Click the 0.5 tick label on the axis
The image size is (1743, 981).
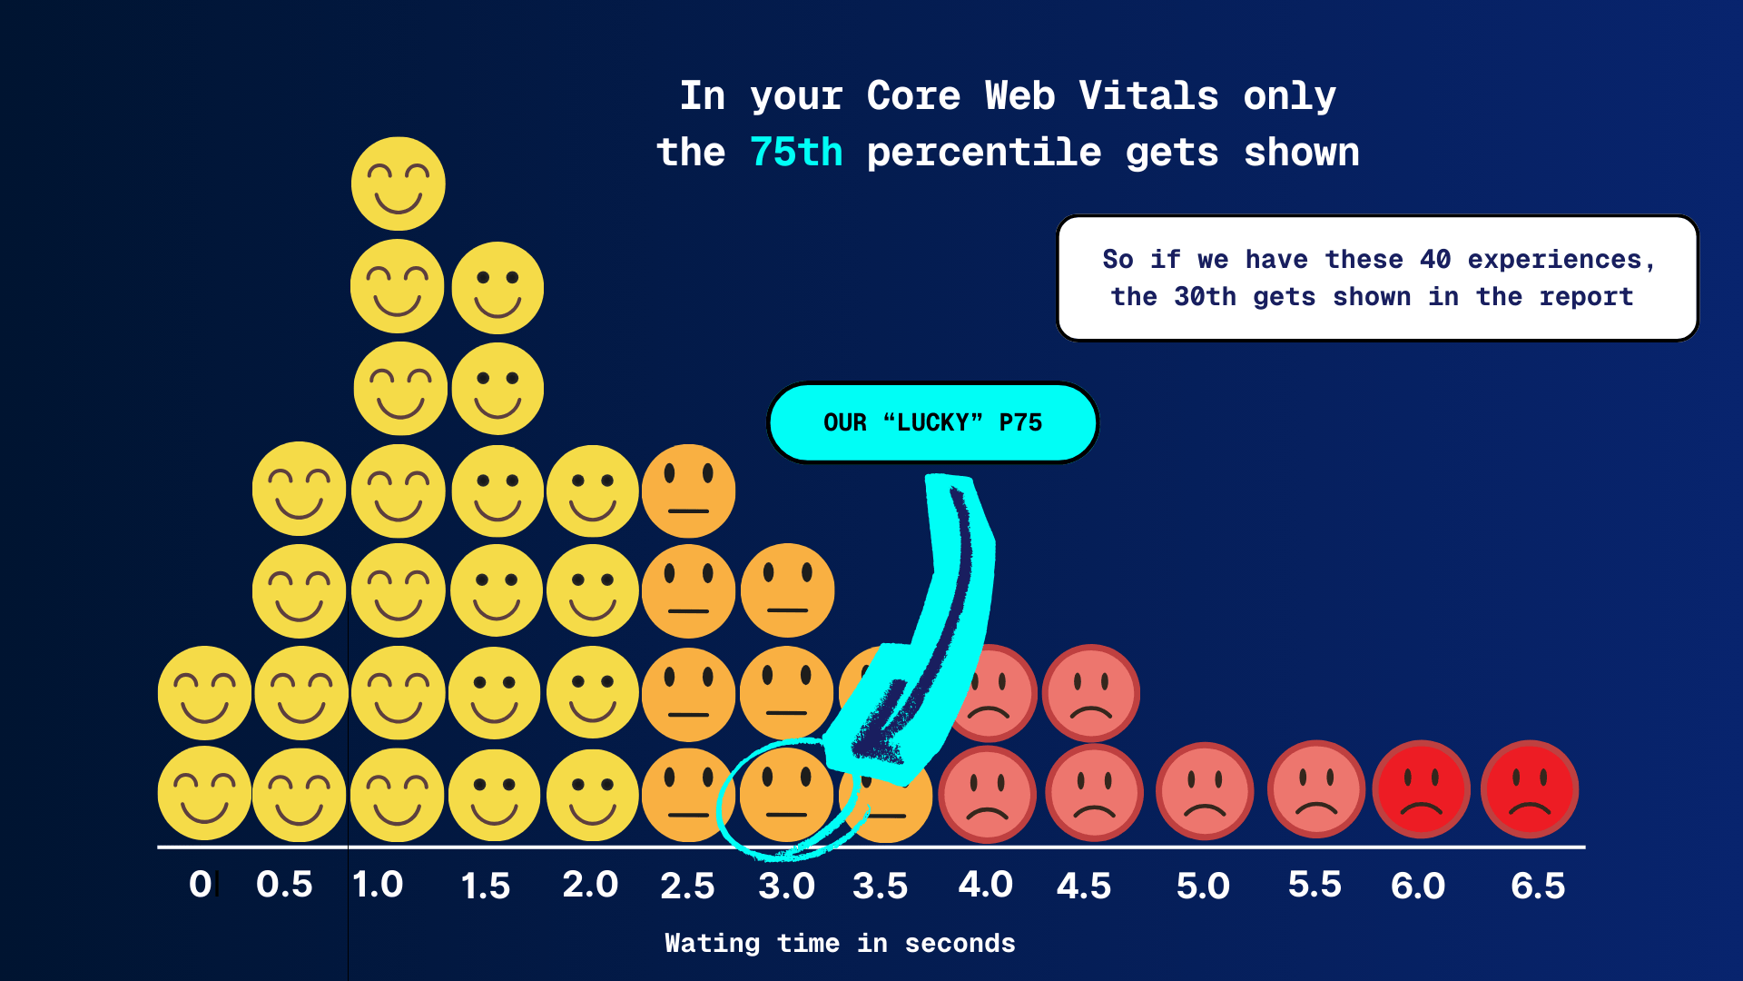pyautogui.click(x=284, y=885)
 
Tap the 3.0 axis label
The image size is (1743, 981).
pyautogui.click(x=786, y=887)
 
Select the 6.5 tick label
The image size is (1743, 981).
pyautogui.click(x=1538, y=887)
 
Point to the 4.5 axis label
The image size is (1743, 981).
pyautogui.click(x=1084, y=887)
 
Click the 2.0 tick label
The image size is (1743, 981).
pyautogui.click(x=590, y=885)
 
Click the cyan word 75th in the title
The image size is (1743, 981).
pyautogui.click(x=796, y=153)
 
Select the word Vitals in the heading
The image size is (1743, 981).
pyautogui.click(x=1148, y=96)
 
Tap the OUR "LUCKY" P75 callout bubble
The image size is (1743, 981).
pyautogui.click(x=932, y=422)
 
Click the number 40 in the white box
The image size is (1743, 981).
pyautogui.click(x=1434, y=260)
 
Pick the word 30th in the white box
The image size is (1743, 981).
pyautogui.click(x=1205, y=297)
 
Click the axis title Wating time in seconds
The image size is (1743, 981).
pyautogui.click(x=840, y=944)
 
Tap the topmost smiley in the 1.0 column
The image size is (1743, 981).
pyautogui.click(x=398, y=183)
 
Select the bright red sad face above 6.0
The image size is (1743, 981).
pyautogui.click(x=1421, y=789)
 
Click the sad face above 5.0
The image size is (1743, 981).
pyautogui.click(x=1205, y=790)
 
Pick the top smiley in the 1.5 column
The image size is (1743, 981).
pyautogui.click(x=497, y=288)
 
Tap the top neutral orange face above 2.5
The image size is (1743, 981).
pyautogui.click(x=688, y=490)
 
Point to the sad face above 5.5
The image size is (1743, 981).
pyautogui.click(x=1315, y=788)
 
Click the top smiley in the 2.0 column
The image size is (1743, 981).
pyautogui.click(x=593, y=491)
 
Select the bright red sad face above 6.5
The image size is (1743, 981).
pyautogui.click(x=1530, y=788)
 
